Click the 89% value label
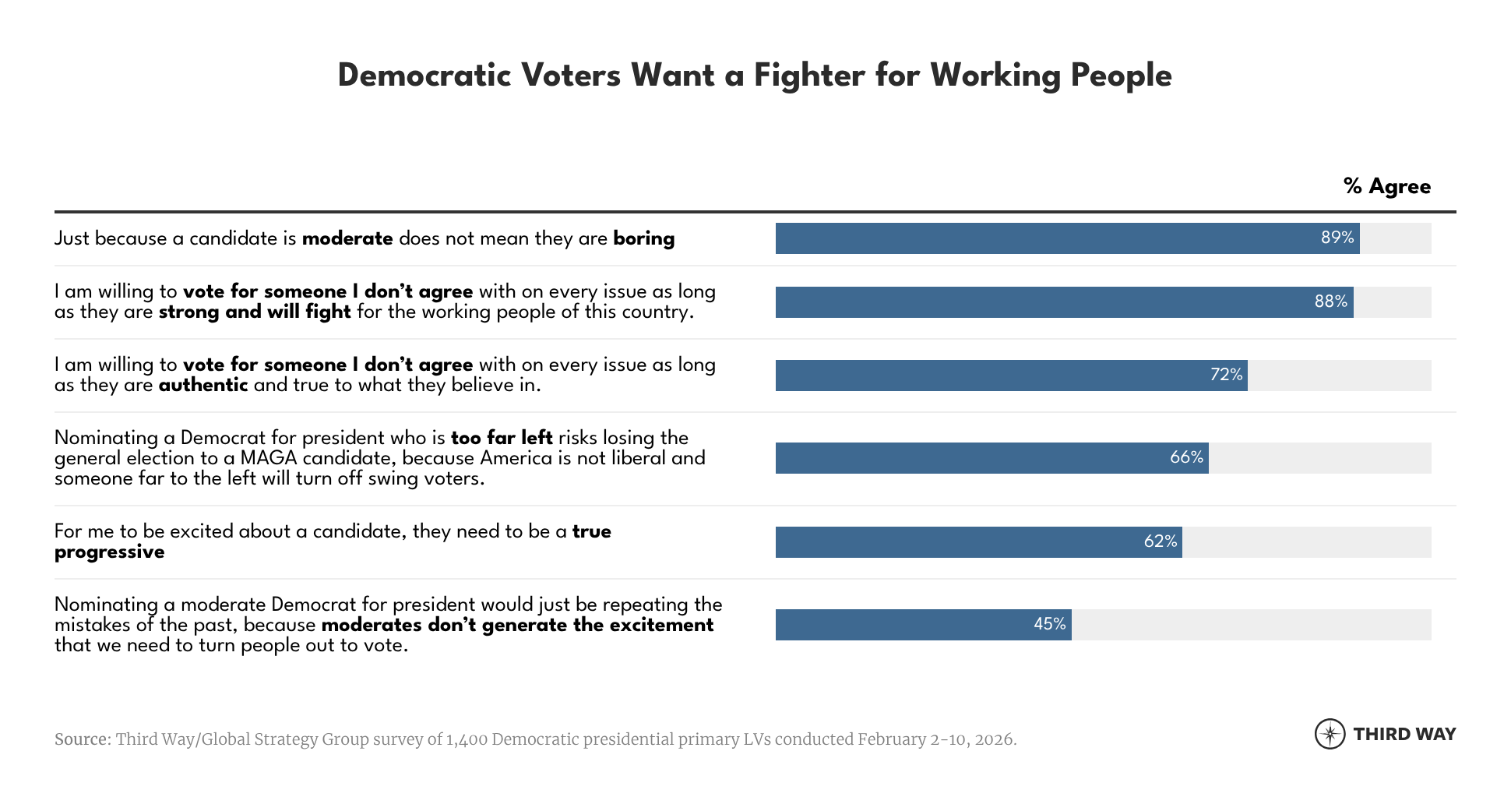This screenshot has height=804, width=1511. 1337,238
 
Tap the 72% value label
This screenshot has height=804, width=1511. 1226,375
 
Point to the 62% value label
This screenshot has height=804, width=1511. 1160,541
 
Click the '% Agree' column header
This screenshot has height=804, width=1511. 1387,187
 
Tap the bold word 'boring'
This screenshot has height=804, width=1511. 643,238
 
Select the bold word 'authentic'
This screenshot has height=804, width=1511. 203,385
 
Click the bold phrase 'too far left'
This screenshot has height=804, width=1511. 502,438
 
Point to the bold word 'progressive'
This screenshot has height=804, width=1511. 109,552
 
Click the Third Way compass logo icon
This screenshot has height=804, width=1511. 1330,734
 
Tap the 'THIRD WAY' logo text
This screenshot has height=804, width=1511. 1404,734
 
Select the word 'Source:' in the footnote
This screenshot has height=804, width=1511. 83,739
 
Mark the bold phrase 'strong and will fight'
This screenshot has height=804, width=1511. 255,312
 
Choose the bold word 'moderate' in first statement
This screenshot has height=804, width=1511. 347,238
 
